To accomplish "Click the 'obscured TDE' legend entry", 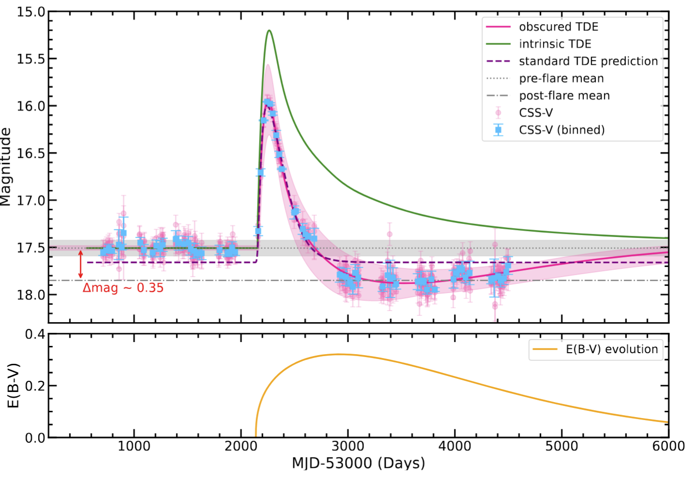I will [558, 27].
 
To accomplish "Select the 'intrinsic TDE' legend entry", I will [555, 44].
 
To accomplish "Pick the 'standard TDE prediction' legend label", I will [588, 61].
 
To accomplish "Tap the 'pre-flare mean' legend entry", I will [561, 78].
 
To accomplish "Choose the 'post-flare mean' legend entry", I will [564, 96].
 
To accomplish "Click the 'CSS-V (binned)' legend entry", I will [562, 130].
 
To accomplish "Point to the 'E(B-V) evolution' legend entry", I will [611, 349].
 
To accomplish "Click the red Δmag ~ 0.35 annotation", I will [123, 288].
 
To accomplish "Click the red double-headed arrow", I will [81, 264].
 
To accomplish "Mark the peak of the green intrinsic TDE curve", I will [269, 30].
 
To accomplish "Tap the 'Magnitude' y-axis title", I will [6, 167].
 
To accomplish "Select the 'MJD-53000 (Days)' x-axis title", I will [358, 464].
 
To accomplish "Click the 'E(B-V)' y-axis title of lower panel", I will [14, 386].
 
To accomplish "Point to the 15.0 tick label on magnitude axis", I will [30, 12].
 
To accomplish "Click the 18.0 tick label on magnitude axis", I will [30, 295].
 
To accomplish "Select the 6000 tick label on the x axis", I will [668, 446].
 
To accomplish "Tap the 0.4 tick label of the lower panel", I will [35, 334].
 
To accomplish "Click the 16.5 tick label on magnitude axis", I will [30, 153].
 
